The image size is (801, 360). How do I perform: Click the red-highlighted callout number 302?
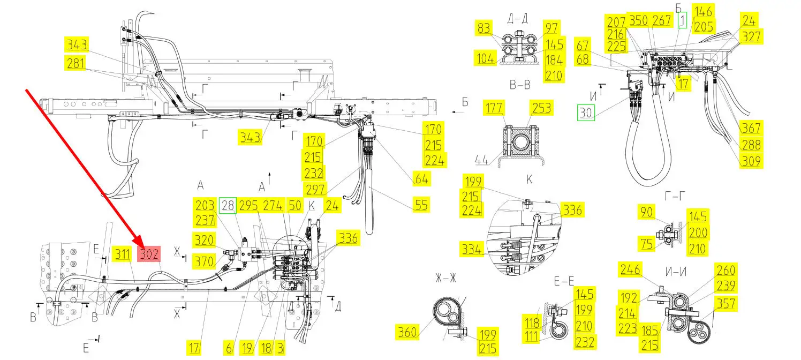tap(149, 254)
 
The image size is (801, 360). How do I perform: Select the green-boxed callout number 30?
tap(586, 112)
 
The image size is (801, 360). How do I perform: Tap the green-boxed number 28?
tap(228, 205)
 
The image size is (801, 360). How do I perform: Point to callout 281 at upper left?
tap(76, 63)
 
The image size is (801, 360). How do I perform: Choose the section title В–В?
tap(519, 85)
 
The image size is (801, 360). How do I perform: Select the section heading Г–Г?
tap(675, 196)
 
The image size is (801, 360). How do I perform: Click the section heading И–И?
tap(676, 272)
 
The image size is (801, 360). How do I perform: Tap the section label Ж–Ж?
tap(446, 278)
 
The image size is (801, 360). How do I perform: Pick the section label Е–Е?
tap(564, 281)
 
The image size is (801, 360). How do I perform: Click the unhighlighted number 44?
tap(481, 160)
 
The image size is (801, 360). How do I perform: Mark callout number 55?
tap(421, 205)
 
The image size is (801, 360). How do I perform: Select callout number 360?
tap(407, 332)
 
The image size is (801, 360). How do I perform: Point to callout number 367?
tap(751, 128)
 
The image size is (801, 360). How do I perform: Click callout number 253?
tap(541, 108)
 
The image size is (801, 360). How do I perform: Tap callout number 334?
tap(472, 249)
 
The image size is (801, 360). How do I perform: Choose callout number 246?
tap(630, 269)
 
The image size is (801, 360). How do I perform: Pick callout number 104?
tap(486, 58)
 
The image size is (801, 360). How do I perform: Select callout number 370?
tap(204, 261)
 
